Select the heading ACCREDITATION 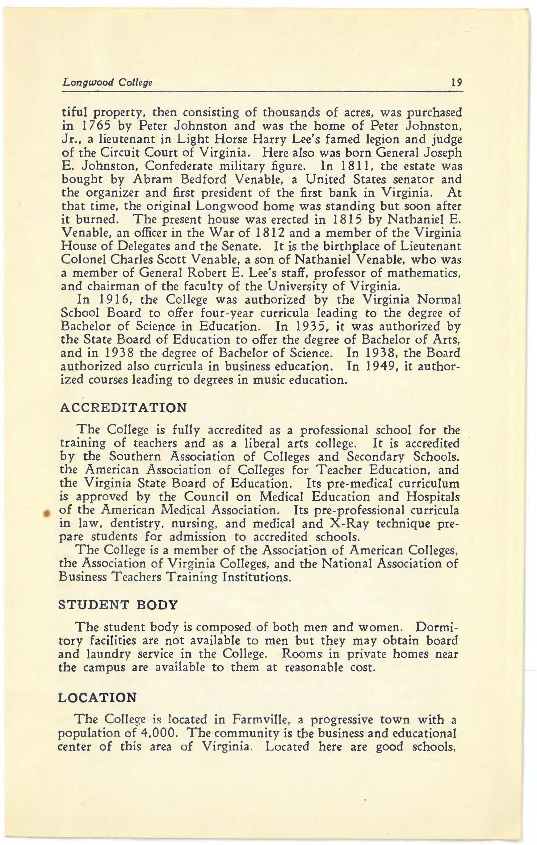(x=124, y=408)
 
